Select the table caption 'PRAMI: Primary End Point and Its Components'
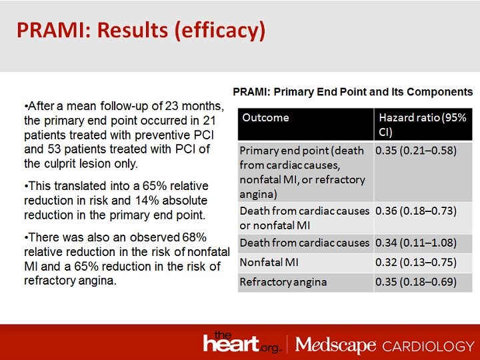pyautogui.click(x=353, y=91)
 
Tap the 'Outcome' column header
pyautogui.click(x=265, y=117)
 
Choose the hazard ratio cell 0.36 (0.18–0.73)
pyautogui.click(x=415, y=211)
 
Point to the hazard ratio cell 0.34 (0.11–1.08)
pyautogui.click(x=415, y=242)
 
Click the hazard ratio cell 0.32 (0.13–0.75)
pyautogui.click(x=415, y=262)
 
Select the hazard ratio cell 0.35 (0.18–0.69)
pyautogui.click(x=415, y=281)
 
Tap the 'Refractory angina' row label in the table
pyautogui.click(x=283, y=281)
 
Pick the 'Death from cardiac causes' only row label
pyautogui.click(x=303, y=242)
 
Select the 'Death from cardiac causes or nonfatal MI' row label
pyautogui.click(x=303, y=217)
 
